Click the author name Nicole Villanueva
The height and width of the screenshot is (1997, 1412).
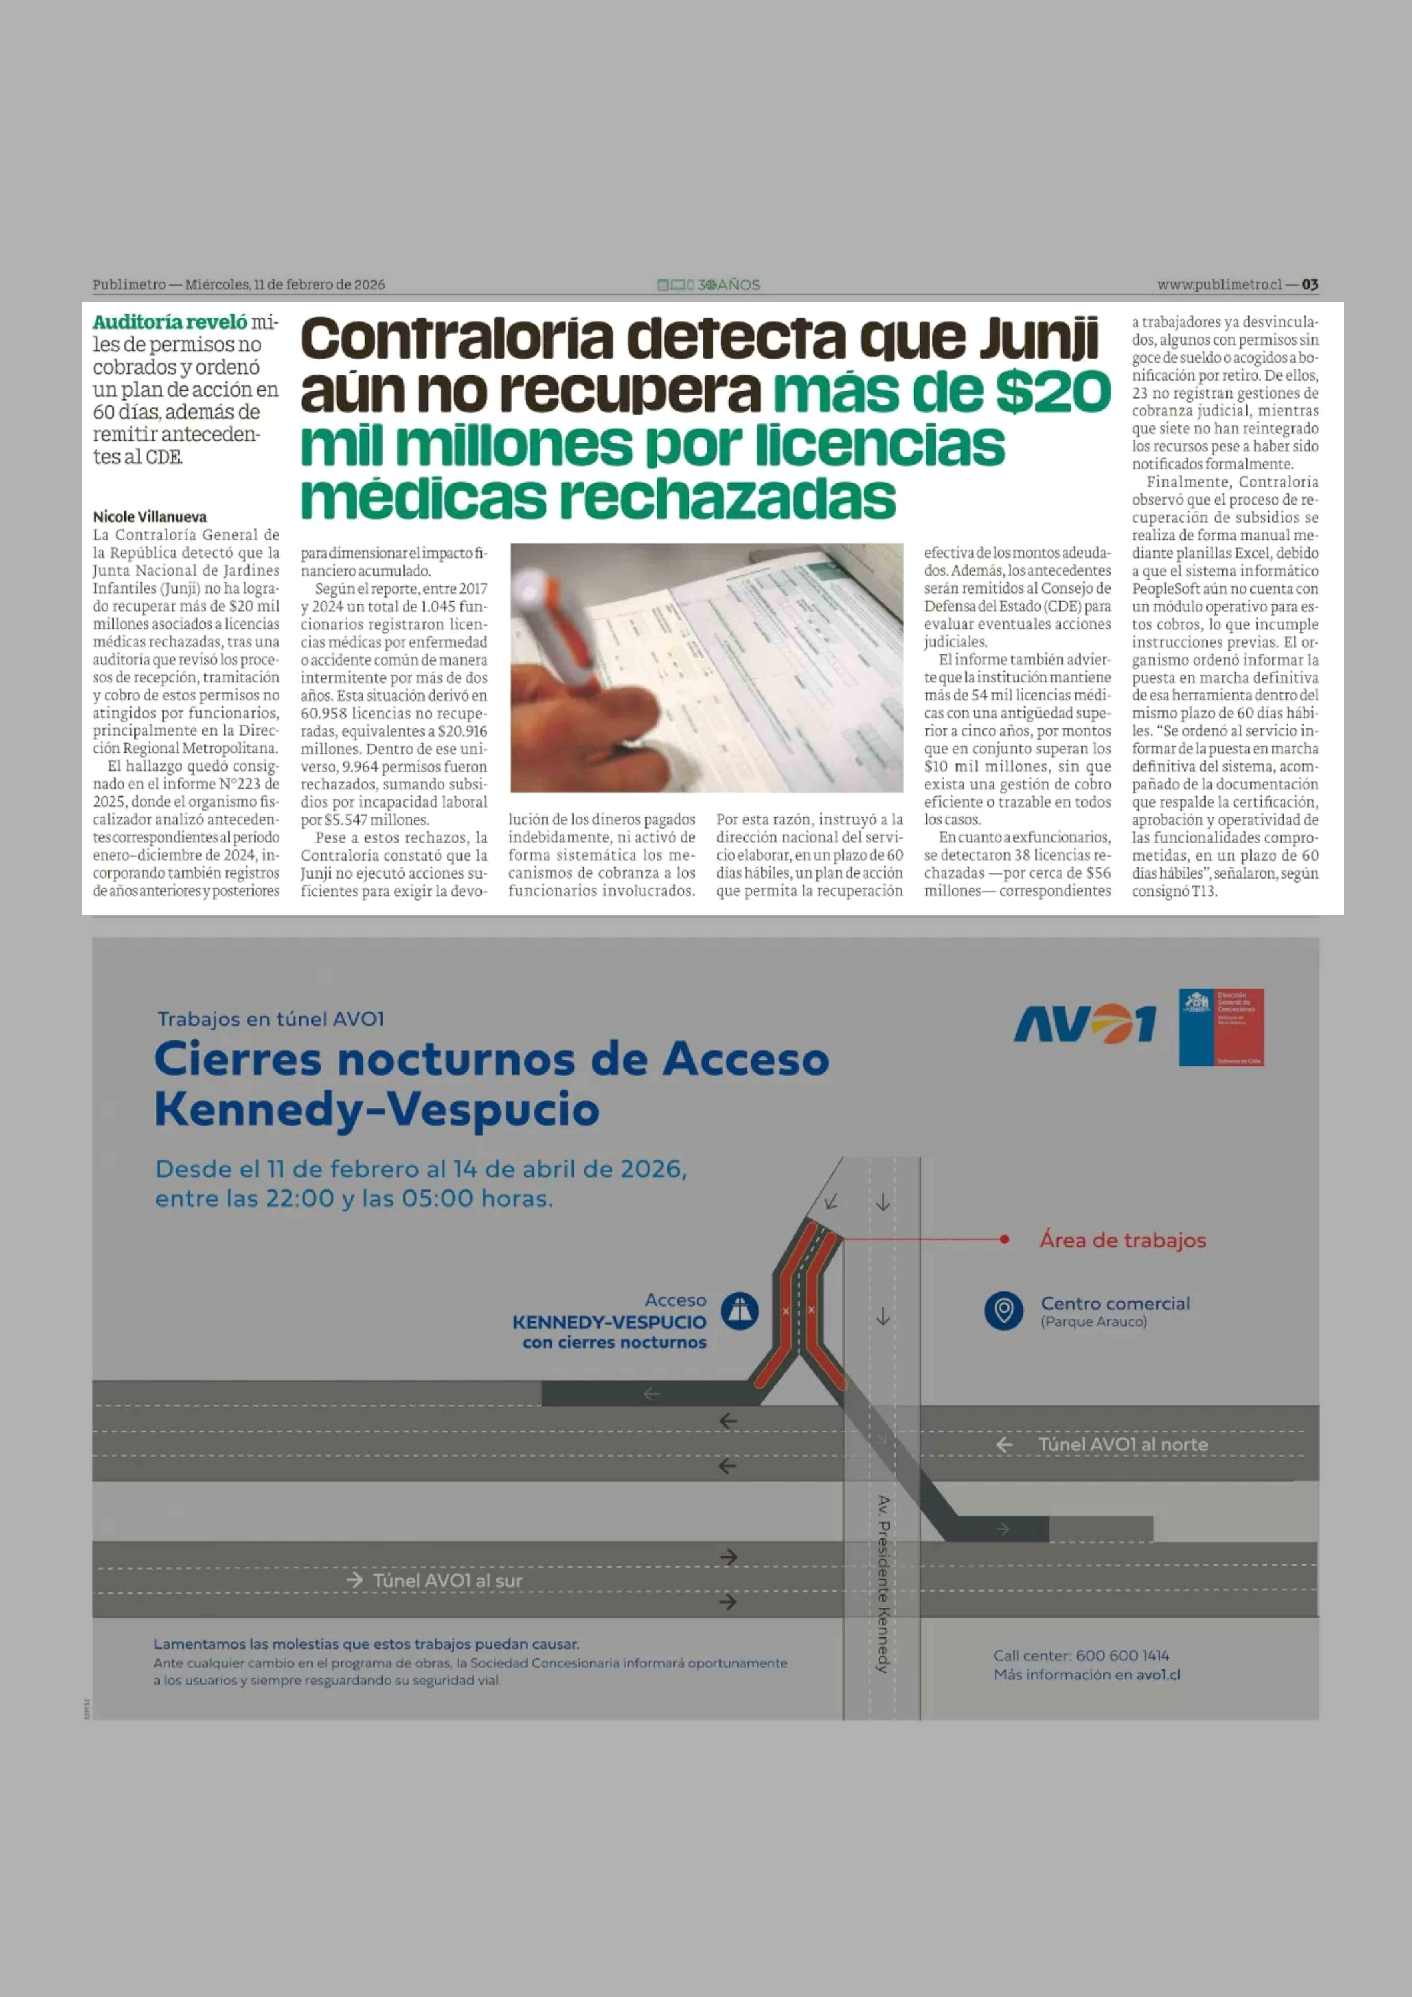(149, 517)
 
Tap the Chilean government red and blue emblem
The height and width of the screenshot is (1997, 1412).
(1221, 1027)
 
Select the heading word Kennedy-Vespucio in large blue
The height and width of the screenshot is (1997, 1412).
(376, 1110)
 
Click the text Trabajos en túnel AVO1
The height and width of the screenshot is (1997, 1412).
(270, 1018)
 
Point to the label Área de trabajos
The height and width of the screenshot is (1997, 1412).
(1122, 1240)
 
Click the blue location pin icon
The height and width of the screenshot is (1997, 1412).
(1003, 1310)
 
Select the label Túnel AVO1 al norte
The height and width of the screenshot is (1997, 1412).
(1122, 1445)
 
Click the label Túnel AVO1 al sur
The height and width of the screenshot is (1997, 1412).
(447, 1580)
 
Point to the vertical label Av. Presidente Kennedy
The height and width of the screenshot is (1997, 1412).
(882, 1583)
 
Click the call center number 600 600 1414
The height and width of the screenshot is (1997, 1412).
(1122, 1655)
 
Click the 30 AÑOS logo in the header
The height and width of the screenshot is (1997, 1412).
(709, 284)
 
